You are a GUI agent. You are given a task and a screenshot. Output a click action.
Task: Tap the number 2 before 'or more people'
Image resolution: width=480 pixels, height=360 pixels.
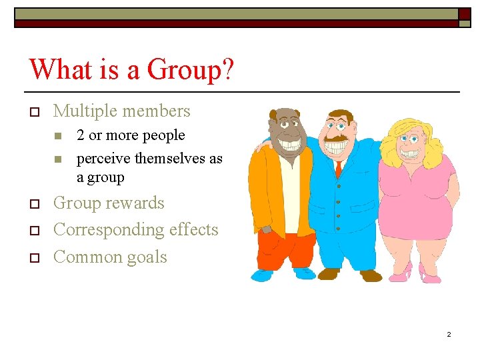pyautogui.click(x=81, y=135)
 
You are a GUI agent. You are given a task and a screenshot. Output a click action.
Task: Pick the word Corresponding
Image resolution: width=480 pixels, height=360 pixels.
pyautogui.click(x=107, y=230)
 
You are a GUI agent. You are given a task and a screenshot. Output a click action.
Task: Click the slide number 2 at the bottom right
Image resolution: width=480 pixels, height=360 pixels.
pyautogui.click(x=449, y=334)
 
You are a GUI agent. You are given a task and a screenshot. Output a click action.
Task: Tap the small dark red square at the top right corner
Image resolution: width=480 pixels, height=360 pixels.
pyautogui.click(x=464, y=13)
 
